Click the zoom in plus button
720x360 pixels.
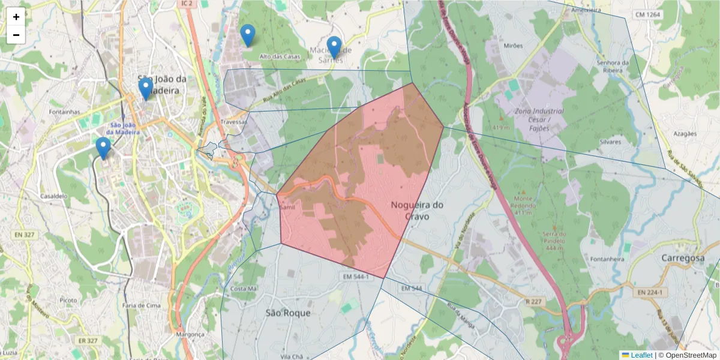click(16, 17)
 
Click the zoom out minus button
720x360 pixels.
click(16, 35)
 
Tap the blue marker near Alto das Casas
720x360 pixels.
click(247, 35)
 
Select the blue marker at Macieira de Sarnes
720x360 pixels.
click(334, 47)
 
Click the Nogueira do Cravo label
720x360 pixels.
click(417, 211)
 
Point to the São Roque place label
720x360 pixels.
click(289, 313)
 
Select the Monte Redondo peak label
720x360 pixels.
click(524, 202)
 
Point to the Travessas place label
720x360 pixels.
click(233, 122)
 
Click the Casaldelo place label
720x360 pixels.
click(54, 196)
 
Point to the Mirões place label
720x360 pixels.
click(514, 45)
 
